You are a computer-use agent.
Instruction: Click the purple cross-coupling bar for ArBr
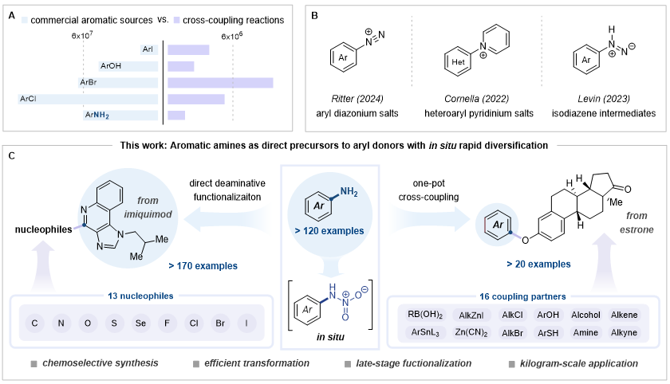(x=220, y=83)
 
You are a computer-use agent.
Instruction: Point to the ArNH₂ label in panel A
(x=98, y=116)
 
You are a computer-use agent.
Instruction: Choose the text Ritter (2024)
(x=361, y=99)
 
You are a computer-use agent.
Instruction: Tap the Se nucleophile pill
(x=146, y=324)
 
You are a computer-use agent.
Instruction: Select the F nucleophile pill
(x=174, y=324)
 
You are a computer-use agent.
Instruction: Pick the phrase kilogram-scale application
(x=581, y=363)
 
